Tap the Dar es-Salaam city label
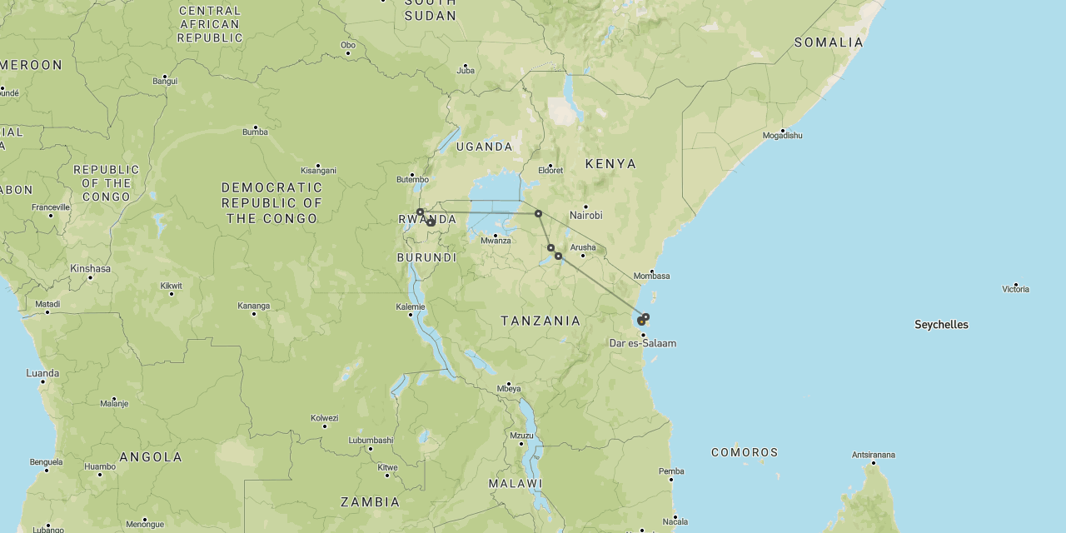(642, 343)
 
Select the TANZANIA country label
(540, 321)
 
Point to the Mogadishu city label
(782, 135)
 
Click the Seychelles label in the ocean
(941, 325)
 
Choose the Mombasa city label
(651, 276)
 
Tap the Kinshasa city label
(90, 268)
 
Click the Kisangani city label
(317, 169)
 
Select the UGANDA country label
(484, 147)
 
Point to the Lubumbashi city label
(371, 440)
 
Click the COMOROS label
(745, 452)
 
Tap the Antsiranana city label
(873, 455)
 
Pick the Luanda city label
(42, 373)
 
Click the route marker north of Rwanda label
(421, 212)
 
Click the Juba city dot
(465, 65)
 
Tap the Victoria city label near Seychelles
(1015, 289)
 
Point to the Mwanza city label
(496, 241)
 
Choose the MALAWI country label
(516, 483)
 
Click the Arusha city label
(583, 247)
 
